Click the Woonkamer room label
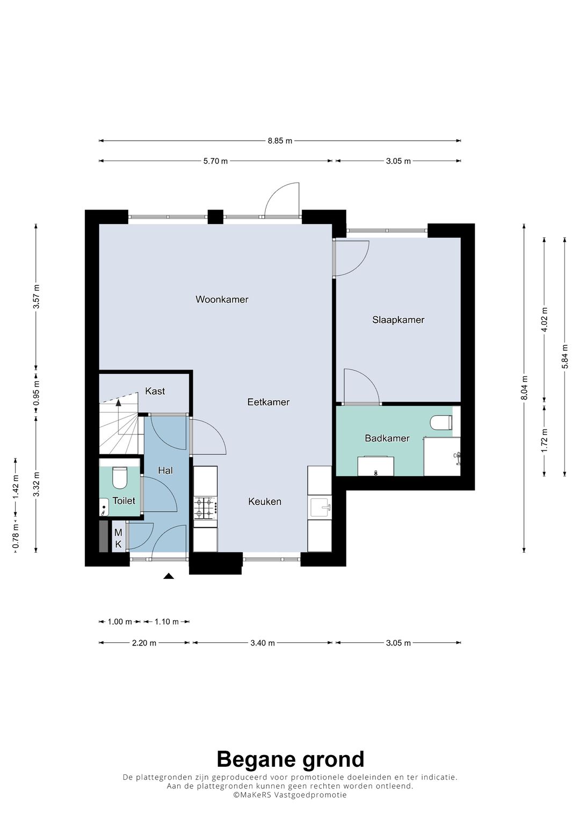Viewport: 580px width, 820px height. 222,300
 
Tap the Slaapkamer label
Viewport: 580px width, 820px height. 398,320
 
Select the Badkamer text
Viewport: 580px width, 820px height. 387,438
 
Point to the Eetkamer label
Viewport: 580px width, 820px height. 268,402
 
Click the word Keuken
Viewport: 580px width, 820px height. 264,502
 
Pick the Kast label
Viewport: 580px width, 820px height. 155,391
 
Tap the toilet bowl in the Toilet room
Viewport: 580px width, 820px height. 119,477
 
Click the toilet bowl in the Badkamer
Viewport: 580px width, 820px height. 441,423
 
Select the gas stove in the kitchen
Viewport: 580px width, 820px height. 205,507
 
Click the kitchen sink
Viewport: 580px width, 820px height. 320,506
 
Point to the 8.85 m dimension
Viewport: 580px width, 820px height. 280,141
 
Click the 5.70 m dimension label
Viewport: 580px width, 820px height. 215,161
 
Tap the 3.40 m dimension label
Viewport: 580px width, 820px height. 263,643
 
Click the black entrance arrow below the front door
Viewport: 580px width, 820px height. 169,576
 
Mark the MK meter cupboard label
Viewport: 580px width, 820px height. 118,539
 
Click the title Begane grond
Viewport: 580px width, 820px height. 290,759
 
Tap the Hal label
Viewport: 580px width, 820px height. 165,470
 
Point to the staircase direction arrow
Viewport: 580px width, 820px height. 118,401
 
